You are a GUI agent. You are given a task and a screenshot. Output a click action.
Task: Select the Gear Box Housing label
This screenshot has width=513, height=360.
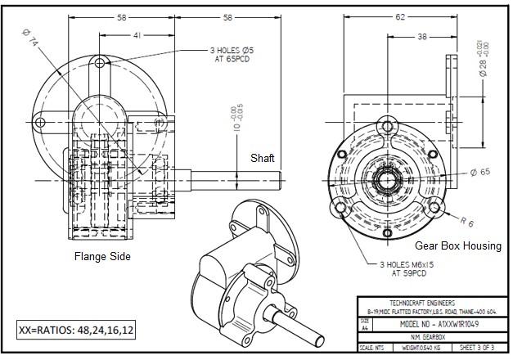tap(457, 245)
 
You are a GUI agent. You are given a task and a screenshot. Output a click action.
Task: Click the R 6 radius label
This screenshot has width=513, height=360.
tap(467, 221)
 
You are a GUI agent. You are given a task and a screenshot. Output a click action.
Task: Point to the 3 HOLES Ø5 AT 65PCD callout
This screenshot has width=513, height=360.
tap(234, 55)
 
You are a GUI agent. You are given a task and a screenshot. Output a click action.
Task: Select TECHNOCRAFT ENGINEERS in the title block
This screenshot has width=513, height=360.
tap(430, 302)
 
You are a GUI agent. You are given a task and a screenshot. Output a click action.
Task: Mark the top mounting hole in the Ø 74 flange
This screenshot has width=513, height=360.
tap(100, 63)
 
